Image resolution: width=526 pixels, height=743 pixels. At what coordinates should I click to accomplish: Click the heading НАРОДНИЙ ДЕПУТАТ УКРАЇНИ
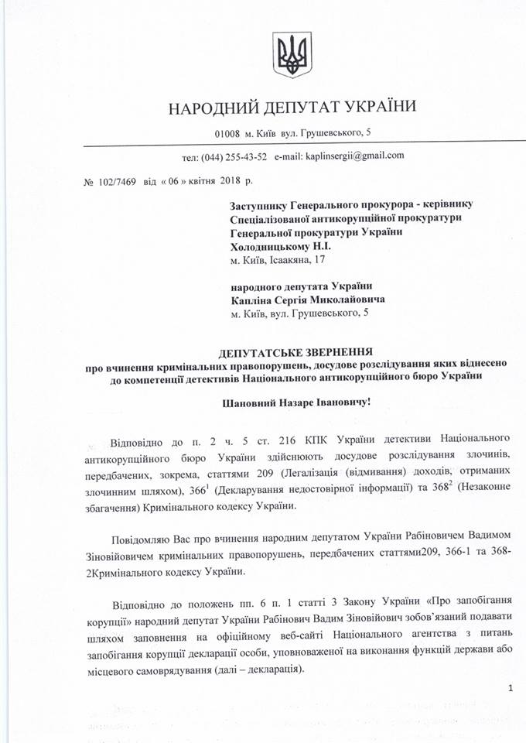(x=292, y=107)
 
